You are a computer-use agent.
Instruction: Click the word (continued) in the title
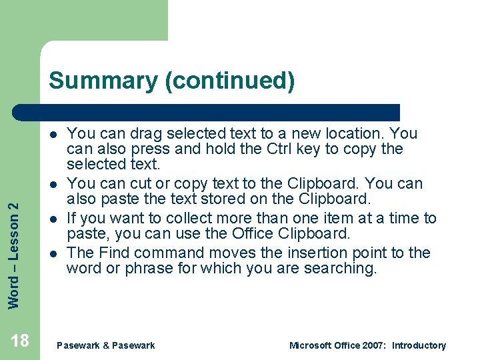229,81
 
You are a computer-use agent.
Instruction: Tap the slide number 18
20,341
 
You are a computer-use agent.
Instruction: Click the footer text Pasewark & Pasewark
106,345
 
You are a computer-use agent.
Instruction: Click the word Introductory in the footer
419,345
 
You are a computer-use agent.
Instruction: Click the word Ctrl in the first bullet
282,149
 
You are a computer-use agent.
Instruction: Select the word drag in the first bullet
137,133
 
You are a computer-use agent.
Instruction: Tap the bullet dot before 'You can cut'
51,184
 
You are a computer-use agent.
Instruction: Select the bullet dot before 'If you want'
51,219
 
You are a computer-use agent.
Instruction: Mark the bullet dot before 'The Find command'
51,253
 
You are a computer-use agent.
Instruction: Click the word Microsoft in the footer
311,345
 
